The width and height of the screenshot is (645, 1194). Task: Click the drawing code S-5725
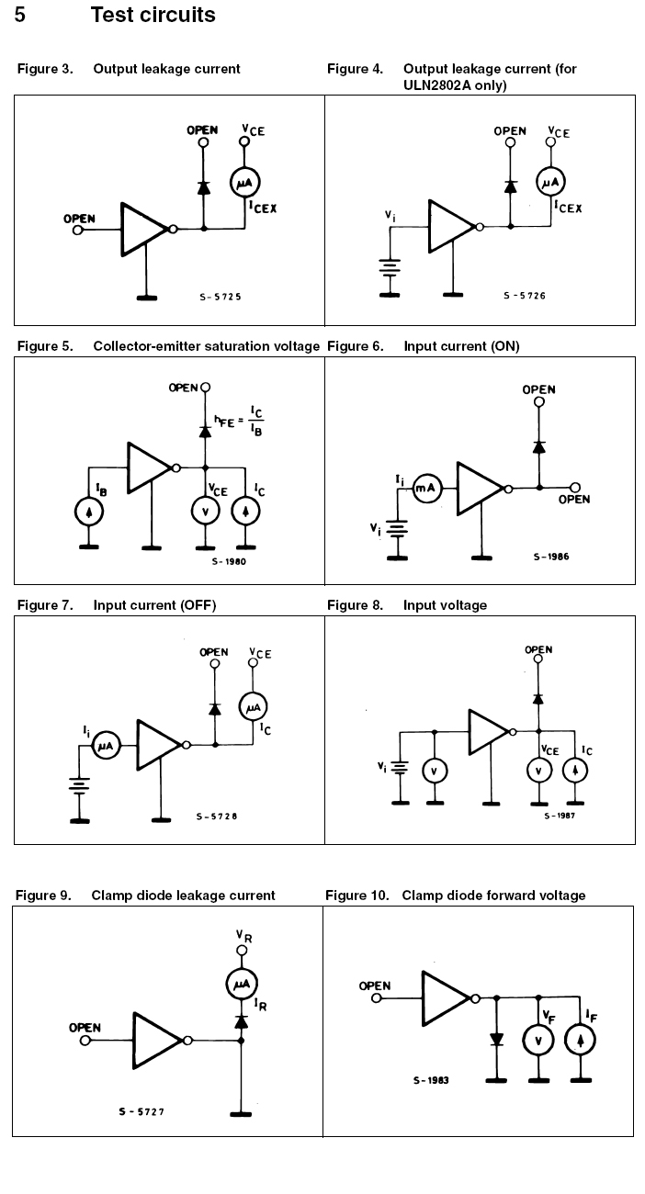click(221, 297)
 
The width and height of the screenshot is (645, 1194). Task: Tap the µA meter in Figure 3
click(245, 184)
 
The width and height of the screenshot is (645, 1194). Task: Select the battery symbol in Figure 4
click(392, 268)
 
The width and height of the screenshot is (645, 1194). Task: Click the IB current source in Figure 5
click(89, 513)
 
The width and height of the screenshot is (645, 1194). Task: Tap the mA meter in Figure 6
click(426, 489)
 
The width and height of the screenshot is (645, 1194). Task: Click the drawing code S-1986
click(551, 557)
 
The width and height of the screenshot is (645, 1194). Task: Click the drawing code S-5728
click(217, 816)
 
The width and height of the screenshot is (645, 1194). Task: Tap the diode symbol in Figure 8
click(538, 698)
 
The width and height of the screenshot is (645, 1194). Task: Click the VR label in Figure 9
click(243, 936)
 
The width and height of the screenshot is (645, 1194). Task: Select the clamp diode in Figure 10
click(496, 1039)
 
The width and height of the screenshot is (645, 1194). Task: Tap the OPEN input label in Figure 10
click(375, 986)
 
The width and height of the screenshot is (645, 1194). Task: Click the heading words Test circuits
click(153, 15)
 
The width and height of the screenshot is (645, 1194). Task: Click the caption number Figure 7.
click(45, 605)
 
